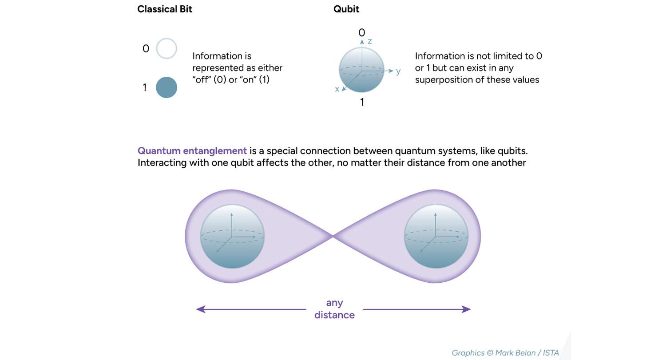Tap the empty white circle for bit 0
pos(166,48)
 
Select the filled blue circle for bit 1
pos(166,87)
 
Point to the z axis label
pos(369,41)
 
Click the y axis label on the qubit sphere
pos(398,71)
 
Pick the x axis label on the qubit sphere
pos(337,89)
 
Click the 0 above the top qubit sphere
pos(362,32)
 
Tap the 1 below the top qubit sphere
pos(362,102)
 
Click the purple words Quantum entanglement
pos(192,150)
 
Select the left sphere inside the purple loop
pos(232,237)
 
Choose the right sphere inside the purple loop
pos(436,237)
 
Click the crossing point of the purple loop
pos(333,237)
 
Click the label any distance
pos(334,309)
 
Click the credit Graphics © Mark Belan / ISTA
pos(505,353)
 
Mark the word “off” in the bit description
pos(202,80)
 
